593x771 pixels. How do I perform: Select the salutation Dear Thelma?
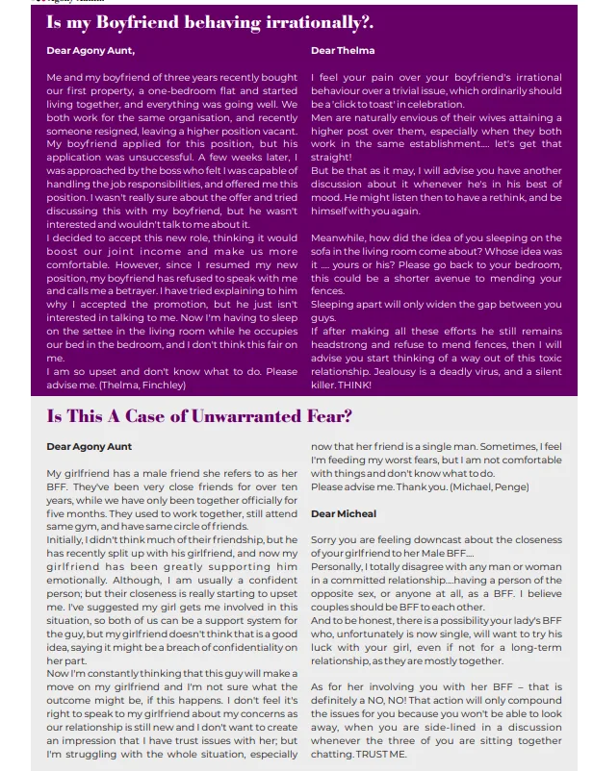[343, 50]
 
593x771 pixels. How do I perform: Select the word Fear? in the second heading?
[328, 416]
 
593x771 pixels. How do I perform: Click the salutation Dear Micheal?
[344, 514]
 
